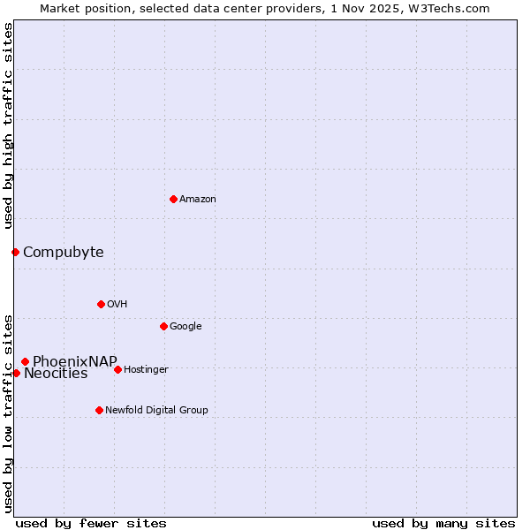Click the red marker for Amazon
[x=173, y=199]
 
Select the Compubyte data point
[x=15, y=252]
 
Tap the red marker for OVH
[x=101, y=304]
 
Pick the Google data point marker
[x=163, y=326]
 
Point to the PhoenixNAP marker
[x=25, y=361]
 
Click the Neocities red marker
[x=16, y=373]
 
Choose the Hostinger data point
[x=117, y=369]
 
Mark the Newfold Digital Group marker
[x=99, y=410]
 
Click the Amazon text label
[x=198, y=199]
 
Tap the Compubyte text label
[x=63, y=252]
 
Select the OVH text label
[x=117, y=304]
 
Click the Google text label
[x=185, y=326]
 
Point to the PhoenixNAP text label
[x=74, y=361]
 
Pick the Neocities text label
[x=56, y=373]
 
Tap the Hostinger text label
[x=146, y=369]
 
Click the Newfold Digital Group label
[x=156, y=410]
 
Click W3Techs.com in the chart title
[x=450, y=8]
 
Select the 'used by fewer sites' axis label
[x=91, y=523]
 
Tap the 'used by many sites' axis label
[x=443, y=523]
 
